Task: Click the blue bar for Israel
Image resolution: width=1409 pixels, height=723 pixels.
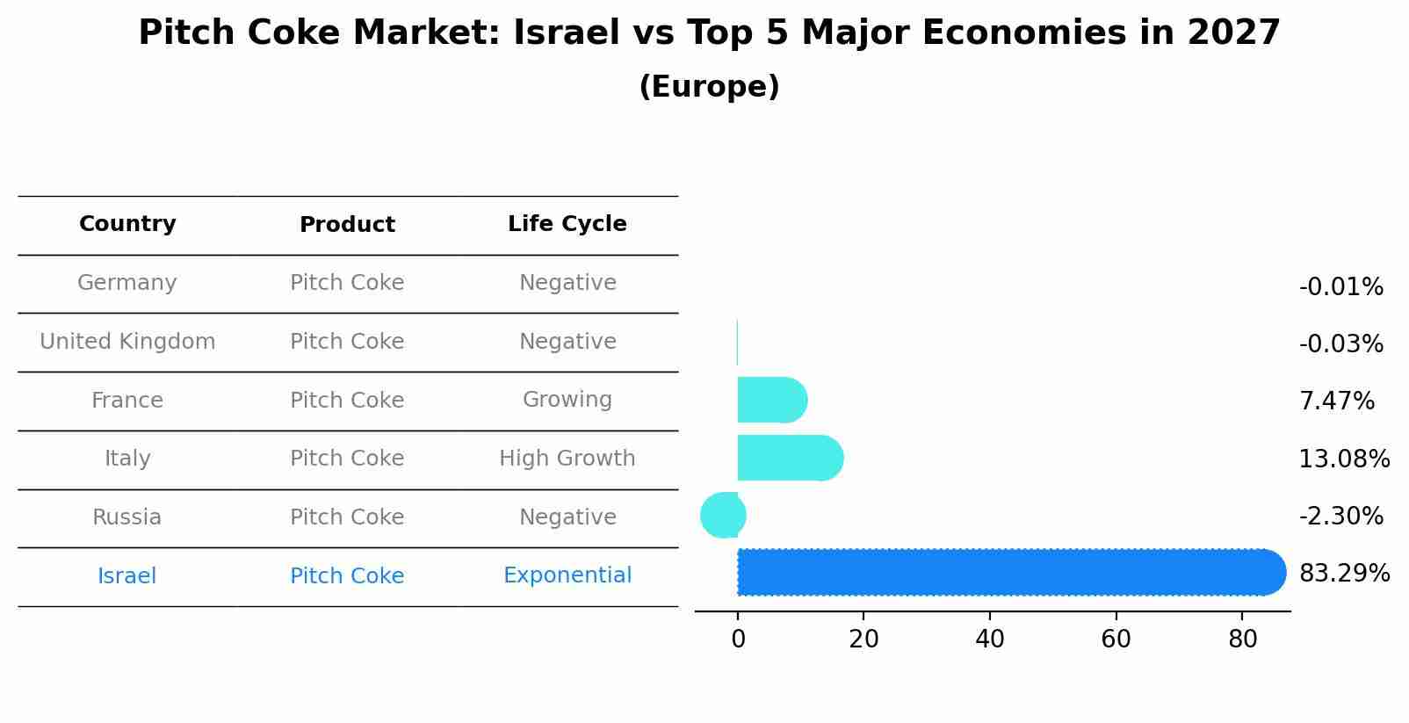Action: click(x=1010, y=572)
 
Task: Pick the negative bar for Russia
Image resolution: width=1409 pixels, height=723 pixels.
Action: click(x=722, y=516)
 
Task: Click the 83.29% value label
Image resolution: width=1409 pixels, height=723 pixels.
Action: click(x=1343, y=574)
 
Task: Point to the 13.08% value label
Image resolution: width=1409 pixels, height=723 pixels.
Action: click(x=1343, y=459)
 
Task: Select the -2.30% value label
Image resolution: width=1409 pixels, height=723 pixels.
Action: click(x=1340, y=516)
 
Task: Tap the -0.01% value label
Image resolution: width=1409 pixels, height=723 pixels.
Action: click(x=1340, y=287)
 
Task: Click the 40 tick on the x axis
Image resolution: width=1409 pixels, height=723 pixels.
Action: click(x=989, y=640)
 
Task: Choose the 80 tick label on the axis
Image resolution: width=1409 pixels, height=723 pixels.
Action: click(x=1242, y=640)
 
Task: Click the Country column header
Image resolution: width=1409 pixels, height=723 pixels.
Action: click(x=127, y=224)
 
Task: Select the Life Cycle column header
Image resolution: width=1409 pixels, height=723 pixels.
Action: click(x=567, y=224)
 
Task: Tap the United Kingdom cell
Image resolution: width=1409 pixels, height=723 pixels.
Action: click(x=127, y=342)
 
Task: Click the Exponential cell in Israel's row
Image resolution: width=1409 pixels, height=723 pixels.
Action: click(x=567, y=575)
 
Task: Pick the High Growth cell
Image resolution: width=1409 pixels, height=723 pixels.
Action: click(x=567, y=459)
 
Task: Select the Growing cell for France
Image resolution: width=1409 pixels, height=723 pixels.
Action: click(x=567, y=400)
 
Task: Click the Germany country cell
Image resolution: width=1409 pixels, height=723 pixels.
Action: click(x=127, y=283)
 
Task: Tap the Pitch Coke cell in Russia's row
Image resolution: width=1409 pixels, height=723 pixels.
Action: click(x=347, y=517)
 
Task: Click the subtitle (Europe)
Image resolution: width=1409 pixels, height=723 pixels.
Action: click(x=709, y=87)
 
